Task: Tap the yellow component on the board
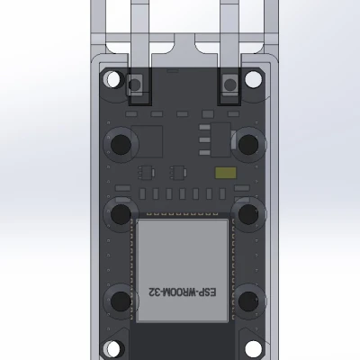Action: click(x=223, y=172)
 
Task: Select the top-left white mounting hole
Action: click(x=112, y=79)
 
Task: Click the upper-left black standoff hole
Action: click(x=120, y=143)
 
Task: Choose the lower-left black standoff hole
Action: click(x=120, y=300)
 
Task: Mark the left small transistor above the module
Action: click(x=145, y=171)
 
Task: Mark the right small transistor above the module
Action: click(x=177, y=171)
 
